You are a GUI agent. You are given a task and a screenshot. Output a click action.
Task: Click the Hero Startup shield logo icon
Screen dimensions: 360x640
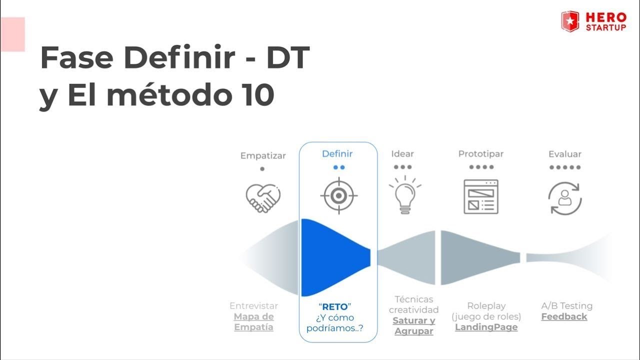click(x=570, y=21)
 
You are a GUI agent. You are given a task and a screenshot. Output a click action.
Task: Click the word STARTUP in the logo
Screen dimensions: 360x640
click(x=606, y=27)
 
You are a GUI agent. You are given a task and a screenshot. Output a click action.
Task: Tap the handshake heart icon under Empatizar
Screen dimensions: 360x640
click(x=263, y=197)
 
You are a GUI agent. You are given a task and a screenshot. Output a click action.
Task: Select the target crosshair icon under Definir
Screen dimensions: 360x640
click(x=338, y=195)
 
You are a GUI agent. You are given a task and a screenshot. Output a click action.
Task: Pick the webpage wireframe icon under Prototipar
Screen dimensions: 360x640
click(x=481, y=196)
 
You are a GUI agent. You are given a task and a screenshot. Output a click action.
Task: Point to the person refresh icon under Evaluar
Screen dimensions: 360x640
click(x=565, y=198)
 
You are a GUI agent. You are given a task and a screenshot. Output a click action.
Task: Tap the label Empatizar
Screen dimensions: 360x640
click(x=263, y=155)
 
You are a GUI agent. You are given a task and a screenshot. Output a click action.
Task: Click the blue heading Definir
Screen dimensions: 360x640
click(x=337, y=154)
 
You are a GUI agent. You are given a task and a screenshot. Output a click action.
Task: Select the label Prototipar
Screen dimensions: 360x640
click(x=481, y=154)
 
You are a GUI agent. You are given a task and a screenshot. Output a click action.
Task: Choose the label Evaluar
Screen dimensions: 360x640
click(x=565, y=154)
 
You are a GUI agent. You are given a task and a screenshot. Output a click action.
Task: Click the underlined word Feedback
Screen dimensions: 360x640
click(x=564, y=316)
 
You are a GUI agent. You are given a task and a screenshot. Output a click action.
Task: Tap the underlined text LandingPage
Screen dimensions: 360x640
click(x=486, y=327)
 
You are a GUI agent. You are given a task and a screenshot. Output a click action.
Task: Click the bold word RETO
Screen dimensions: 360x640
click(x=335, y=306)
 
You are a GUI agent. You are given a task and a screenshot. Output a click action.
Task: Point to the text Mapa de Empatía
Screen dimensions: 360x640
click(x=254, y=322)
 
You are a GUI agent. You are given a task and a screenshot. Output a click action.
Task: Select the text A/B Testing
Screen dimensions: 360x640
click(x=566, y=305)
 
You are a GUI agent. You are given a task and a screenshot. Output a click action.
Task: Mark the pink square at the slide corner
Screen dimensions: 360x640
click(x=12, y=34)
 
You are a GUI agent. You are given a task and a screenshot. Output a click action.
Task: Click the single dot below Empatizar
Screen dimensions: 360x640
click(x=262, y=169)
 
